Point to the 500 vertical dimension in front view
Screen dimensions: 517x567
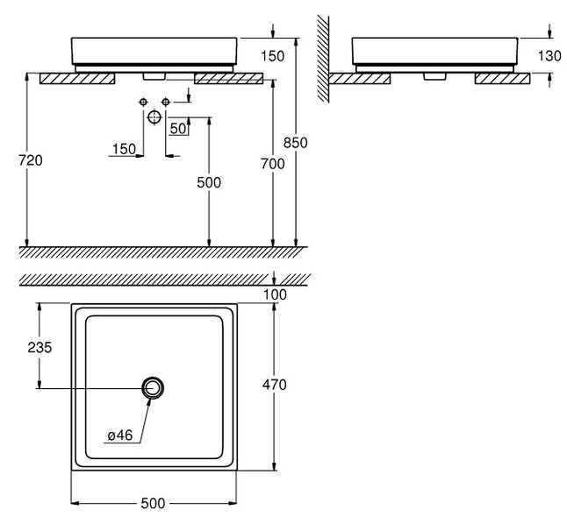[x=209, y=182]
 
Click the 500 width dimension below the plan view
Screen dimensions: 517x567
[x=154, y=503]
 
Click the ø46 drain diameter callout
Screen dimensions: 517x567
[x=120, y=435]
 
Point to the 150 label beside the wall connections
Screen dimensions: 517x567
[x=124, y=150]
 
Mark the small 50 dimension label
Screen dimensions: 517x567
[x=179, y=129]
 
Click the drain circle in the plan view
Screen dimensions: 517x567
[x=154, y=386]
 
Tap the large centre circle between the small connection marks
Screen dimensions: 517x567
[x=154, y=116]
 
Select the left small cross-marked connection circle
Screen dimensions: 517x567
[x=142, y=103]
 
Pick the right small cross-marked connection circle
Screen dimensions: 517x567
[x=165, y=103]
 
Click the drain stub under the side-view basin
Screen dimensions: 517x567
[x=433, y=75]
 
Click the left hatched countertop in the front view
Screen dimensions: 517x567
[x=77, y=79]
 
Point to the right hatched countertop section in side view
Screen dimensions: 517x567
[x=502, y=78]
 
